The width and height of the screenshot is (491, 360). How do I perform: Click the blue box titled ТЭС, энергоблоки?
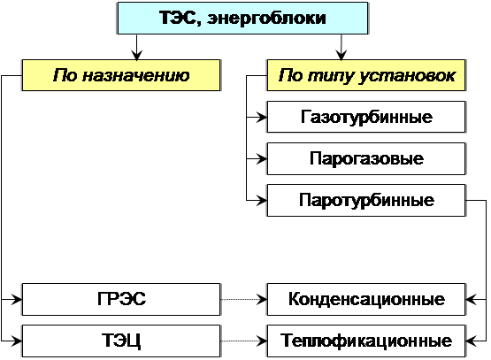click(x=242, y=19)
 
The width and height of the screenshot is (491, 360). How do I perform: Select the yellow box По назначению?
click(x=121, y=75)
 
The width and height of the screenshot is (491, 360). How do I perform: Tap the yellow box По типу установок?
click(x=366, y=75)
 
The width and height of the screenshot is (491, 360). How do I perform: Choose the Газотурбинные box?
click(x=366, y=117)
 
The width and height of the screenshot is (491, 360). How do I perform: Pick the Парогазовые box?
click(x=366, y=158)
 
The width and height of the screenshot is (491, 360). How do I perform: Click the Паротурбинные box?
click(x=366, y=200)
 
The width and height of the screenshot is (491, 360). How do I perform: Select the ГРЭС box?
click(x=121, y=299)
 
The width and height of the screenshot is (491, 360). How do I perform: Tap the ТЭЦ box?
click(x=121, y=341)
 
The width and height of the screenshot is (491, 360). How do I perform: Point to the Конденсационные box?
click(x=366, y=299)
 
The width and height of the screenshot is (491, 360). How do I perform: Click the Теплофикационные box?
click(x=366, y=341)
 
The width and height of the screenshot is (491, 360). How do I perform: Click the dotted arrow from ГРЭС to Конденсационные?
click(x=244, y=299)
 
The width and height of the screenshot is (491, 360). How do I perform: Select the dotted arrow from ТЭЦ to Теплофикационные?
click(x=244, y=341)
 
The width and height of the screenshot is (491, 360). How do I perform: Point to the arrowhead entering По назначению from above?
click(x=136, y=55)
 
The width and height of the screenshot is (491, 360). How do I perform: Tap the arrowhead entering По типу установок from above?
click(x=341, y=55)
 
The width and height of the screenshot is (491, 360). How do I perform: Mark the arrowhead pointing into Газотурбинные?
click(x=262, y=118)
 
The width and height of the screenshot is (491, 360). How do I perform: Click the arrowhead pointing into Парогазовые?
click(x=262, y=159)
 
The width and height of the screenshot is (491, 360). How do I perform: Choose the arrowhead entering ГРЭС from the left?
click(x=17, y=300)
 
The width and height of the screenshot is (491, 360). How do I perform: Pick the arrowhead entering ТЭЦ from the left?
click(x=17, y=341)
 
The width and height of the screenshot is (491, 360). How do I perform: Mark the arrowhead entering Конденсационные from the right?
click(x=471, y=300)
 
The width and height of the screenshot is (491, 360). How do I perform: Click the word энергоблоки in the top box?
click(x=266, y=19)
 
